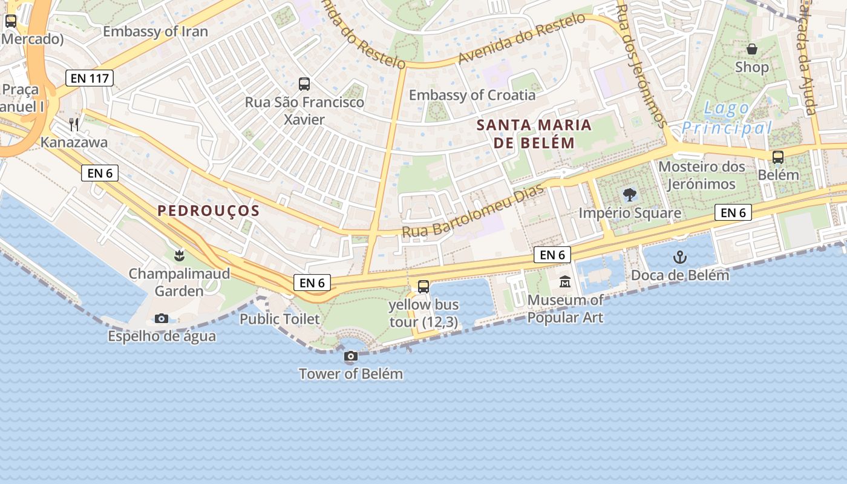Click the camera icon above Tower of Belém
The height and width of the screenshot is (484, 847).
point(351,356)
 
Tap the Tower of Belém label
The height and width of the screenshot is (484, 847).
point(351,374)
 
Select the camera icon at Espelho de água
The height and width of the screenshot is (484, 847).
point(162,318)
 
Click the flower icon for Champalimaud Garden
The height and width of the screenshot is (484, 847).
point(178,255)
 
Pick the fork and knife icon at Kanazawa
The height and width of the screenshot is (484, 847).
point(74,125)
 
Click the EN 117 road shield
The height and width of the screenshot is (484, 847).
point(90,78)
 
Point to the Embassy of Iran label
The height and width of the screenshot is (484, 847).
point(155,31)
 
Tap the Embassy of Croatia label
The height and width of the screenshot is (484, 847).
point(472,95)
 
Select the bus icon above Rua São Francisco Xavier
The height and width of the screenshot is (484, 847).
point(304,84)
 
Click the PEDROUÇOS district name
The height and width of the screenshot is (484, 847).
point(208,211)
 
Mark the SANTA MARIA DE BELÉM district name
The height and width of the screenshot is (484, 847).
point(525,134)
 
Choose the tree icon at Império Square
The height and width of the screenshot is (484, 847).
point(630,195)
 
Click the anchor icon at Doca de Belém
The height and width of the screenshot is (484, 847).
point(680,258)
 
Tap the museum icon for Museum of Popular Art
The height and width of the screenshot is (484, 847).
point(565,282)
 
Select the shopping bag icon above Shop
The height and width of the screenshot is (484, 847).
point(752,49)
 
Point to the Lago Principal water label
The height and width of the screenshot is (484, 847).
point(727,119)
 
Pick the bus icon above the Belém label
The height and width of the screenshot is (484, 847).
point(778,157)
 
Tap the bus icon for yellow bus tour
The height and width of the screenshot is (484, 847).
point(423,287)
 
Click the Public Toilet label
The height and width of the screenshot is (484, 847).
point(280,319)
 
